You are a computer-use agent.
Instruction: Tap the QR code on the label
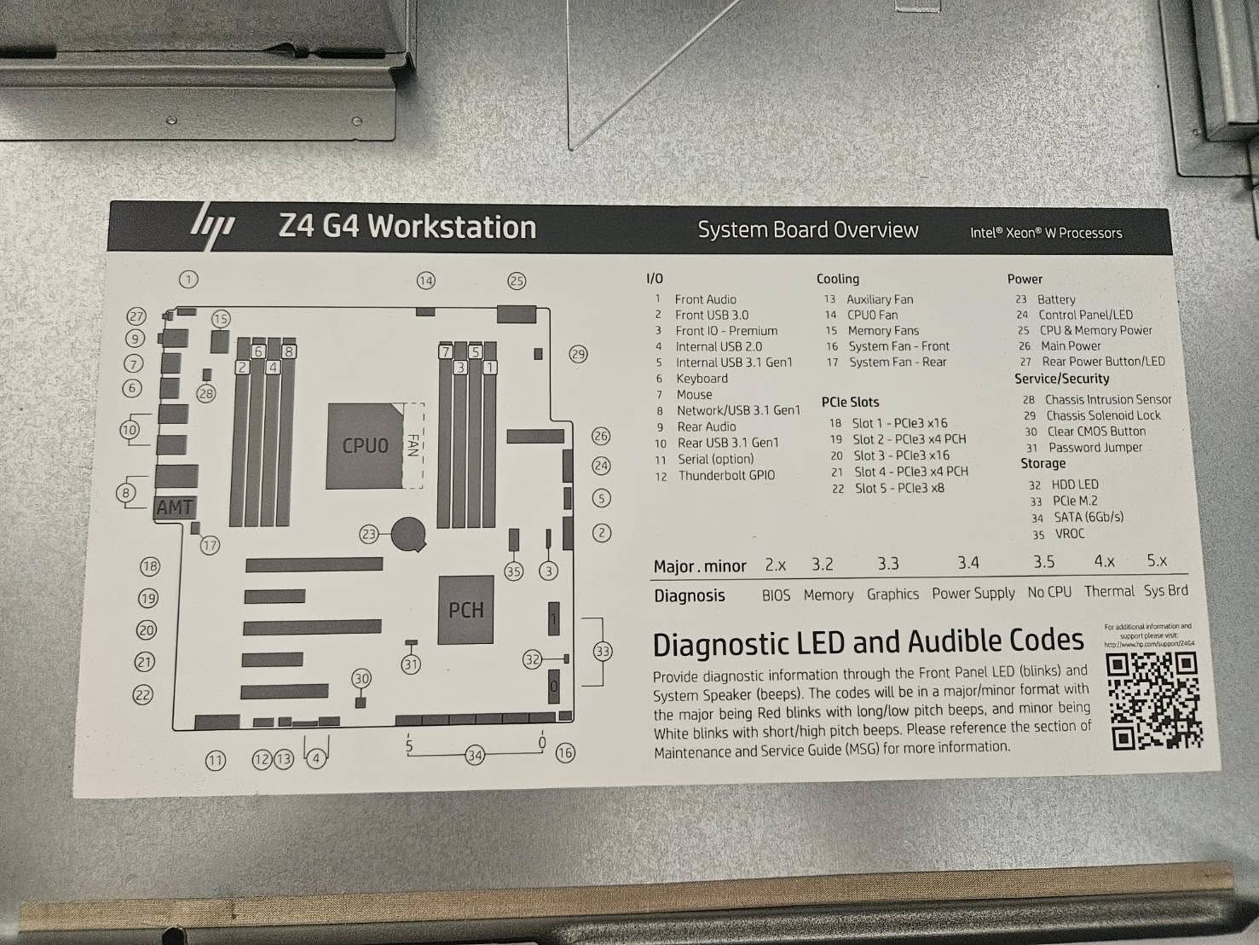[x=1157, y=701]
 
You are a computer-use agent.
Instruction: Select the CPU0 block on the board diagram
[x=365, y=446]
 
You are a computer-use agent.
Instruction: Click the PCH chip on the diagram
[x=466, y=610]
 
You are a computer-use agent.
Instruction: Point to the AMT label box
[x=175, y=507]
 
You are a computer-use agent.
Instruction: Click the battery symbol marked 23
[x=408, y=534]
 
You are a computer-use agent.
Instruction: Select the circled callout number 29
[x=578, y=354]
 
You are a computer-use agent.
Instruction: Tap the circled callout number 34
[x=475, y=755]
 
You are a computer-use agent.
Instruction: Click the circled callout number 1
[x=188, y=279]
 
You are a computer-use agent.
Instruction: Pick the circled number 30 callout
[x=361, y=679]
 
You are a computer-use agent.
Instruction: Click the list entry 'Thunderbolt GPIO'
[x=726, y=475]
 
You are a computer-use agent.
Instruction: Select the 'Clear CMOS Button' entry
[x=1095, y=432]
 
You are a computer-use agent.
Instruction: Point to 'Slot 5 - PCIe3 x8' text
[x=898, y=488]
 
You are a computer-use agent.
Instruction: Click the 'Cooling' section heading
[x=837, y=279]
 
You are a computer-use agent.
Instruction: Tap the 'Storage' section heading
[x=1042, y=463]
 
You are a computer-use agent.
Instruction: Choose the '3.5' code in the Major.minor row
[x=1043, y=561]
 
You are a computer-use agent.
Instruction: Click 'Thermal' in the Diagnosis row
[x=1108, y=591]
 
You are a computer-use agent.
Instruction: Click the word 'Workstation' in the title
[x=452, y=227]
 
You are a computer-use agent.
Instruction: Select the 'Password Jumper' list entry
[x=1094, y=447]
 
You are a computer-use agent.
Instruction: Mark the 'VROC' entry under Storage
[x=1069, y=534]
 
